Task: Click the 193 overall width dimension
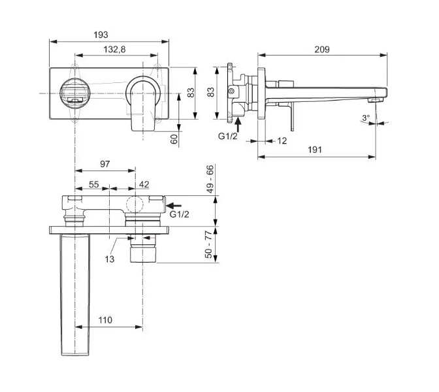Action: [100, 34]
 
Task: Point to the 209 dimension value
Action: [321, 49]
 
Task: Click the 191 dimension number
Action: [315, 150]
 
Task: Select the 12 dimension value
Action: [282, 140]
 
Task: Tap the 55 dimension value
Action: [93, 185]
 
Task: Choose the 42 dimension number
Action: [144, 185]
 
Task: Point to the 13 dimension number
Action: [109, 259]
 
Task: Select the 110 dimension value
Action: [106, 320]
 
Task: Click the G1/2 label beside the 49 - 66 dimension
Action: [180, 214]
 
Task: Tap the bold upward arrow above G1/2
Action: [238, 125]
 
